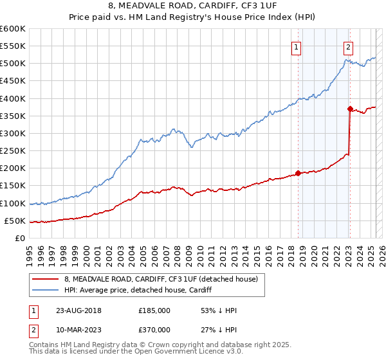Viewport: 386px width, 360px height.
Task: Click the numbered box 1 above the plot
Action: [296, 46]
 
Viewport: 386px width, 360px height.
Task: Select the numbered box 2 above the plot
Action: [347, 46]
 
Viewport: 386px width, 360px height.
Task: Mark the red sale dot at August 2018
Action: [298, 173]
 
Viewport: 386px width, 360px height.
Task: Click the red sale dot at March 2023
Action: [350, 109]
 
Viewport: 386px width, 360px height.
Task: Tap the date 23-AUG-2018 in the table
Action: [75, 310]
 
